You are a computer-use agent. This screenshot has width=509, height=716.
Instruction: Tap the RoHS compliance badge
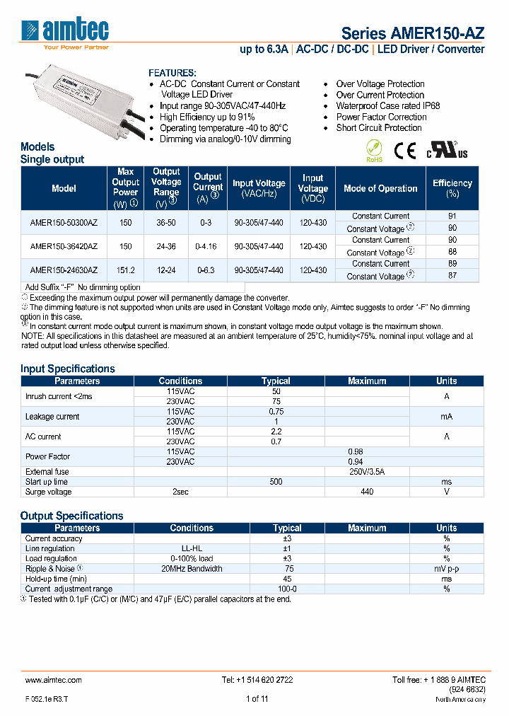(x=374, y=151)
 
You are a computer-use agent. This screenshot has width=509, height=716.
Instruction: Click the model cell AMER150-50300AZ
(x=64, y=222)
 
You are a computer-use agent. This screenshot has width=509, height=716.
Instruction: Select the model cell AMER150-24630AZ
(x=64, y=270)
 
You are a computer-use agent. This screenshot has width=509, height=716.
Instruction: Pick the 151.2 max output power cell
(x=125, y=270)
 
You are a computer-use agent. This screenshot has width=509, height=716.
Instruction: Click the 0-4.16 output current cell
(x=208, y=246)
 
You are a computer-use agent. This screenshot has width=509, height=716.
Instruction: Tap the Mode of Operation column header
(x=380, y=189)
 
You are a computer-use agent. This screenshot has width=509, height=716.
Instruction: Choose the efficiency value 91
(x=452, y=216)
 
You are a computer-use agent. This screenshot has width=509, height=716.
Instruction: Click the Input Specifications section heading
(x=68, y=369)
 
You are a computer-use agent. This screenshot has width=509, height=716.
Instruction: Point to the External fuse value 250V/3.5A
(x=367, y=472)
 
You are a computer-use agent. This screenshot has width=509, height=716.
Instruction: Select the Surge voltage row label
(x=49, y=492)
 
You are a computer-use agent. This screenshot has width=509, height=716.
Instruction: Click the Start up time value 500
(x=276, y=482)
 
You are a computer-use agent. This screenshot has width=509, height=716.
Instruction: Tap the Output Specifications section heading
(x=72, y=516)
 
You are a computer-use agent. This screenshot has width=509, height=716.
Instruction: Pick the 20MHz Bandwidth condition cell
(x=191, y=568)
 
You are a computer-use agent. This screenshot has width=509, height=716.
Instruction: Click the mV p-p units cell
(x=446, y=568)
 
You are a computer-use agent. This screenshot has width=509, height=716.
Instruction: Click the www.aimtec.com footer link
(x=54, y=680)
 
